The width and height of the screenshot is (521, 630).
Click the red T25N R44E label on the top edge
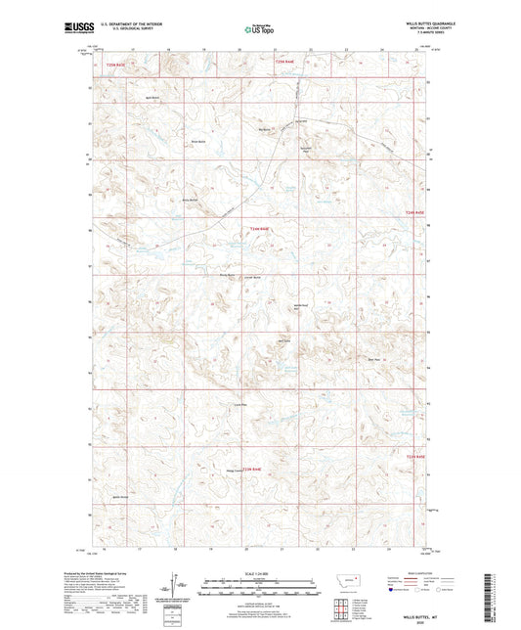283,61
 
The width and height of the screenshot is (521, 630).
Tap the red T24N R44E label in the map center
259,229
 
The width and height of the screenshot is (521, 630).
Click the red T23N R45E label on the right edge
416,456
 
